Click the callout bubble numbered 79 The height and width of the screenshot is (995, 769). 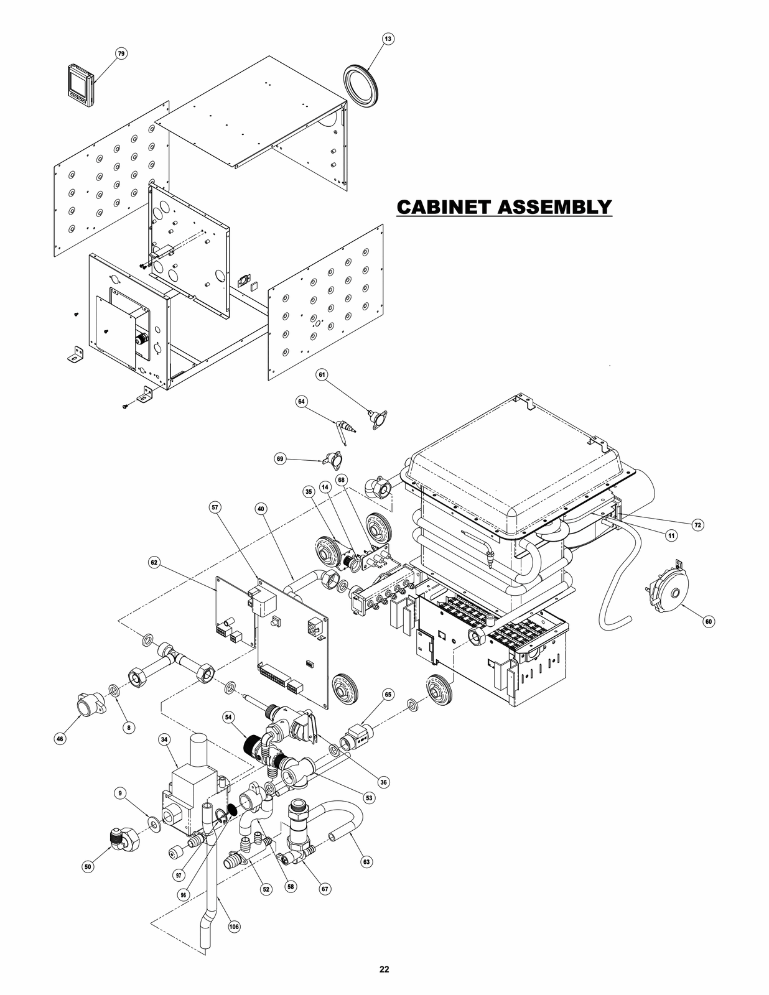(121, 54)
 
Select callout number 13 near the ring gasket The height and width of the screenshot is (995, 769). (388, 39)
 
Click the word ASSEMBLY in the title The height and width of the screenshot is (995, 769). (555, 206)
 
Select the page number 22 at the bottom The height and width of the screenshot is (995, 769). (384, 969)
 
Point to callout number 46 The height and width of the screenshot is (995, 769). (60, 739)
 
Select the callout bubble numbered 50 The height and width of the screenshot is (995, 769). (88, 866)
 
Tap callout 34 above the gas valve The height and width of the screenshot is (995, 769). (164, 739)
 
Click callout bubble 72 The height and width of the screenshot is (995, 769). (698, 525)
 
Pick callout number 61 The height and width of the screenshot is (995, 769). (322, 374)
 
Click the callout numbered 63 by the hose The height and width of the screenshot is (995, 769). (366, 861)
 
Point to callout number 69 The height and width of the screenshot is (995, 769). (280, 458)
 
